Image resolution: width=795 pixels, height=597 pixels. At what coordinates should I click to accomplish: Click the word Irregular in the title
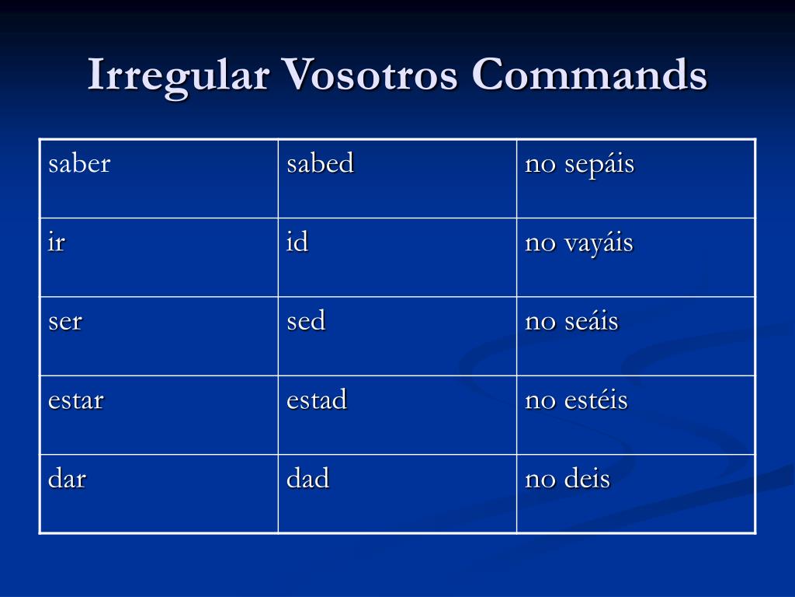[x=179, y=76]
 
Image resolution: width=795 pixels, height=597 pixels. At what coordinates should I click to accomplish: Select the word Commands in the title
[x=588, y=76]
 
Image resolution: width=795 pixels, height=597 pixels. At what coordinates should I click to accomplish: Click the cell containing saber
[x=79, y=164]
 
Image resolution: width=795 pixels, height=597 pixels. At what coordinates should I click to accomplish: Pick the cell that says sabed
[x=320, y=164]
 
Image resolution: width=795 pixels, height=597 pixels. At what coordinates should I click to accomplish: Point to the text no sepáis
[x=579, y=165]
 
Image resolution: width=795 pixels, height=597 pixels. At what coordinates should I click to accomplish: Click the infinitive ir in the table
[x=57, y=243]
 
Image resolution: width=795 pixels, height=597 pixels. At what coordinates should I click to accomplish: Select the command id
[x=297, y=243]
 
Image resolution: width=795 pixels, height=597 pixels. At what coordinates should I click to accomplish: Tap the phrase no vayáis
[x=579, y=243]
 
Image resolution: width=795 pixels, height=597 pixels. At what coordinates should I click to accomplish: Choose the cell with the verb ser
[x=64, y=322]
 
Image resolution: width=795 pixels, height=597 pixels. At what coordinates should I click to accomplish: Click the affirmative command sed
[x=306, y=322]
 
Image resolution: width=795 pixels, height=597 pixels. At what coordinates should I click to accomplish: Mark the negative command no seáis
[x=571, y=322]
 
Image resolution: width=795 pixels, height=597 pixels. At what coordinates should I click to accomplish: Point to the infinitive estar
[x=75, y=400]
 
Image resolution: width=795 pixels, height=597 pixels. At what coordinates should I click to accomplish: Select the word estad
[x=317, y=400]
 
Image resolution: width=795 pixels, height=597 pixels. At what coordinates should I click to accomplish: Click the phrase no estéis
[x=576, y=401]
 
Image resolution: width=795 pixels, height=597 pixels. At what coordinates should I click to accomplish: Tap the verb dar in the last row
[x=67, y=479]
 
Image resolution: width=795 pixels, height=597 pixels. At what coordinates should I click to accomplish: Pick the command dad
[x=308, y=479]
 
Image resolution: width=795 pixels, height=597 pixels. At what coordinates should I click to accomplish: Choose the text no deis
[x=568, y=479]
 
